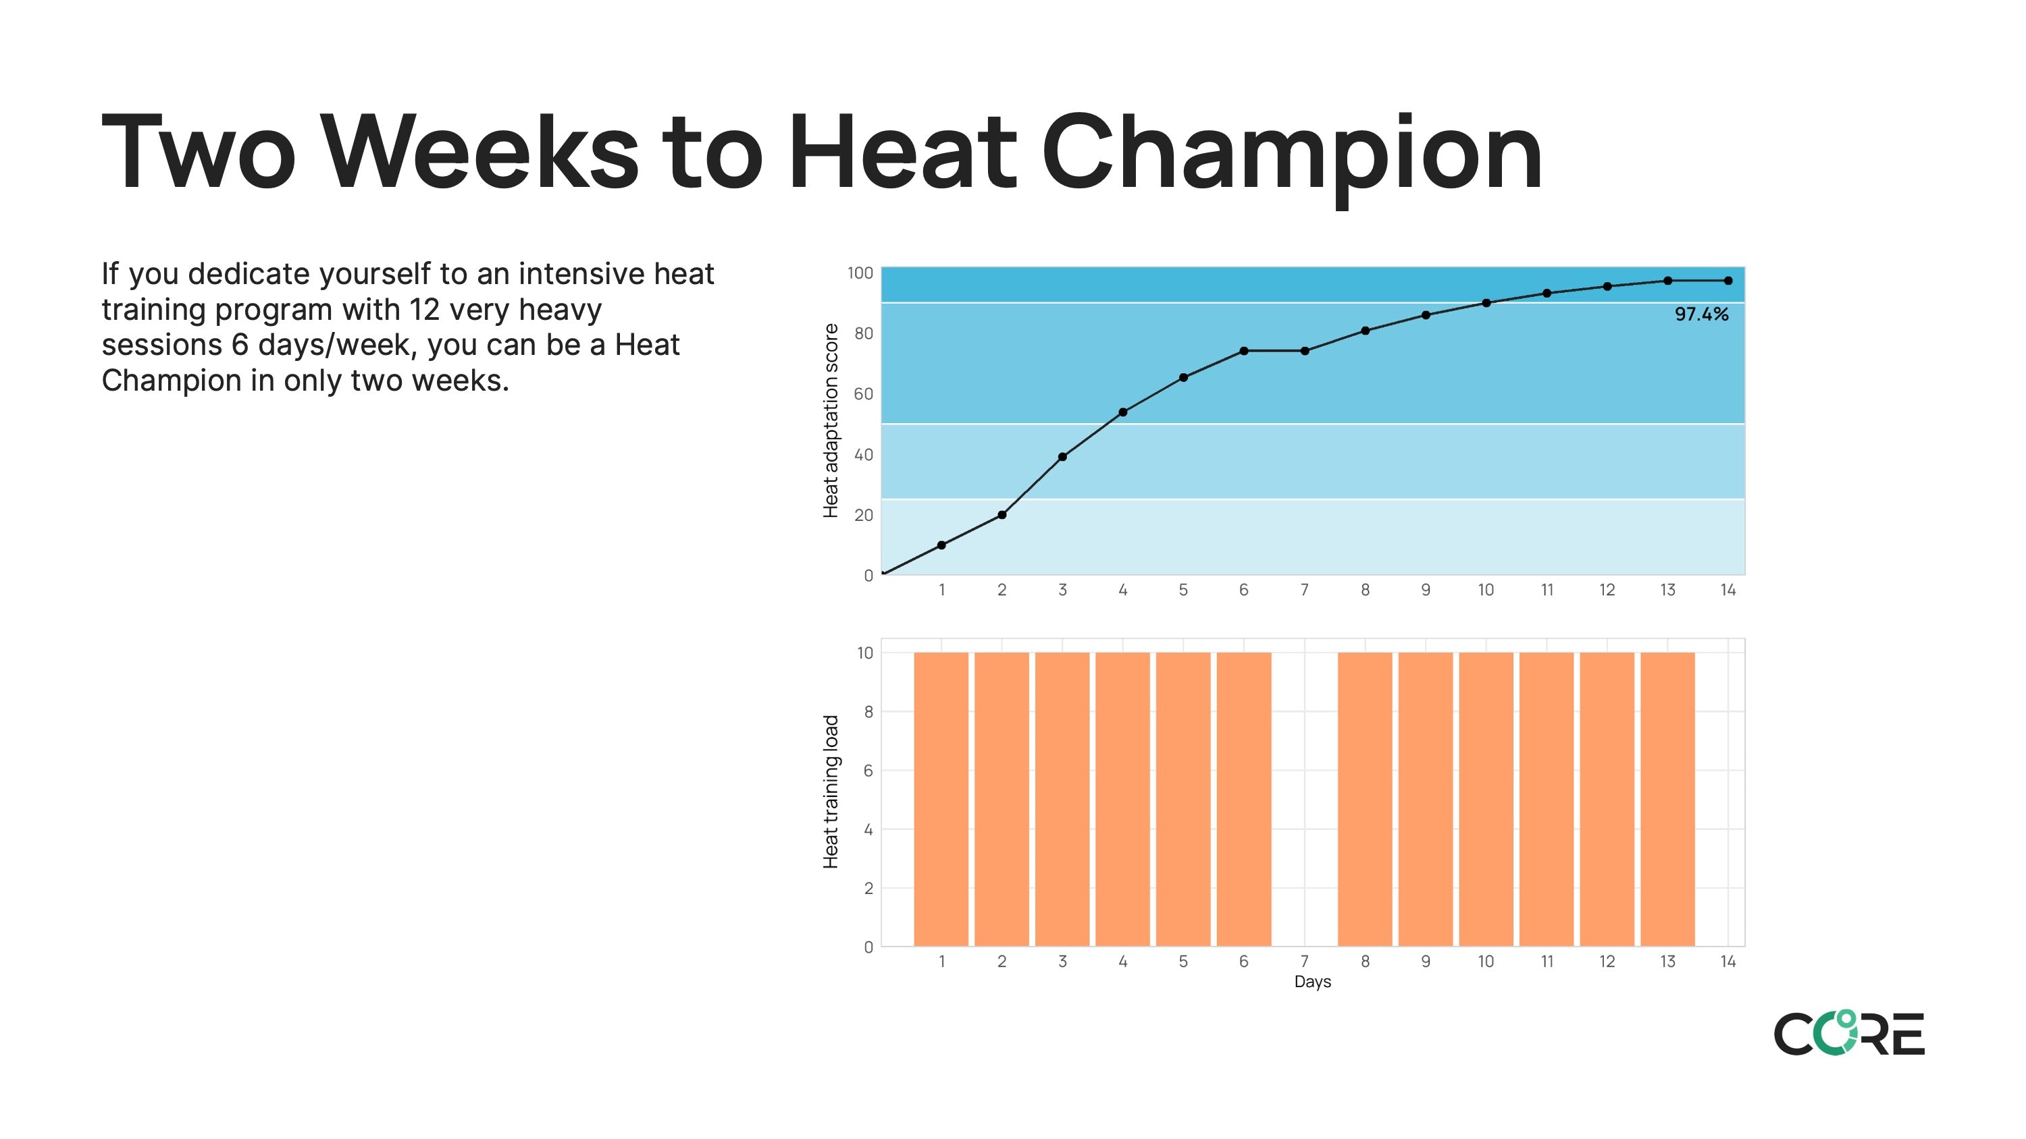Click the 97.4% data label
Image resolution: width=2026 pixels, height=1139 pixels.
1701,314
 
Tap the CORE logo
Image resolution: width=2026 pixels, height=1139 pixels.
1849,1033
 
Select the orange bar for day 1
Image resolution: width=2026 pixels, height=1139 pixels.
941,800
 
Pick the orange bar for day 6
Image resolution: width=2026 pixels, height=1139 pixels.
1243,800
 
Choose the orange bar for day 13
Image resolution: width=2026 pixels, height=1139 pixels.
1667,800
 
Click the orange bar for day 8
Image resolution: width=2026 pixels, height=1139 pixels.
1365,800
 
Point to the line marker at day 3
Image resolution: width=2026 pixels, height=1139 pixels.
1062,457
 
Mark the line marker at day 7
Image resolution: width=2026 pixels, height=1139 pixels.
1305,351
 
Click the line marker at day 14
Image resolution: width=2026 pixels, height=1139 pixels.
1728,281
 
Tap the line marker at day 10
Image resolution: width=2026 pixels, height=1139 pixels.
1486,303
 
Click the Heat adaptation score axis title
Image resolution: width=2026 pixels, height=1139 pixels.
831,420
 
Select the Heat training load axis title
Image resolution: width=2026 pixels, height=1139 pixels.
831,791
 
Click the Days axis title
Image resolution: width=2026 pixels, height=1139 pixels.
1313,982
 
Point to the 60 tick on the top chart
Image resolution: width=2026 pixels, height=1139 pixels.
864,394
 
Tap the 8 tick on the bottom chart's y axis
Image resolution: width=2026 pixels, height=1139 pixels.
868,712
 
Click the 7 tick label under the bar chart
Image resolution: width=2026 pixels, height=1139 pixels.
1304,962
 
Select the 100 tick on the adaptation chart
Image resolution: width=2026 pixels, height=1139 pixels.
860,273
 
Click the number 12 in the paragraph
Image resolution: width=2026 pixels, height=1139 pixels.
424,309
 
